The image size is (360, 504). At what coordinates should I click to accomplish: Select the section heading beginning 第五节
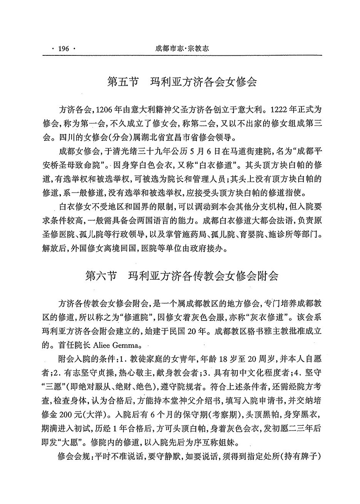pyautogui.click(x=182, y=83)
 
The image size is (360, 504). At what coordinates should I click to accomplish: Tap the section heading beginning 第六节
pyautogui.click(x=182, y=277)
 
